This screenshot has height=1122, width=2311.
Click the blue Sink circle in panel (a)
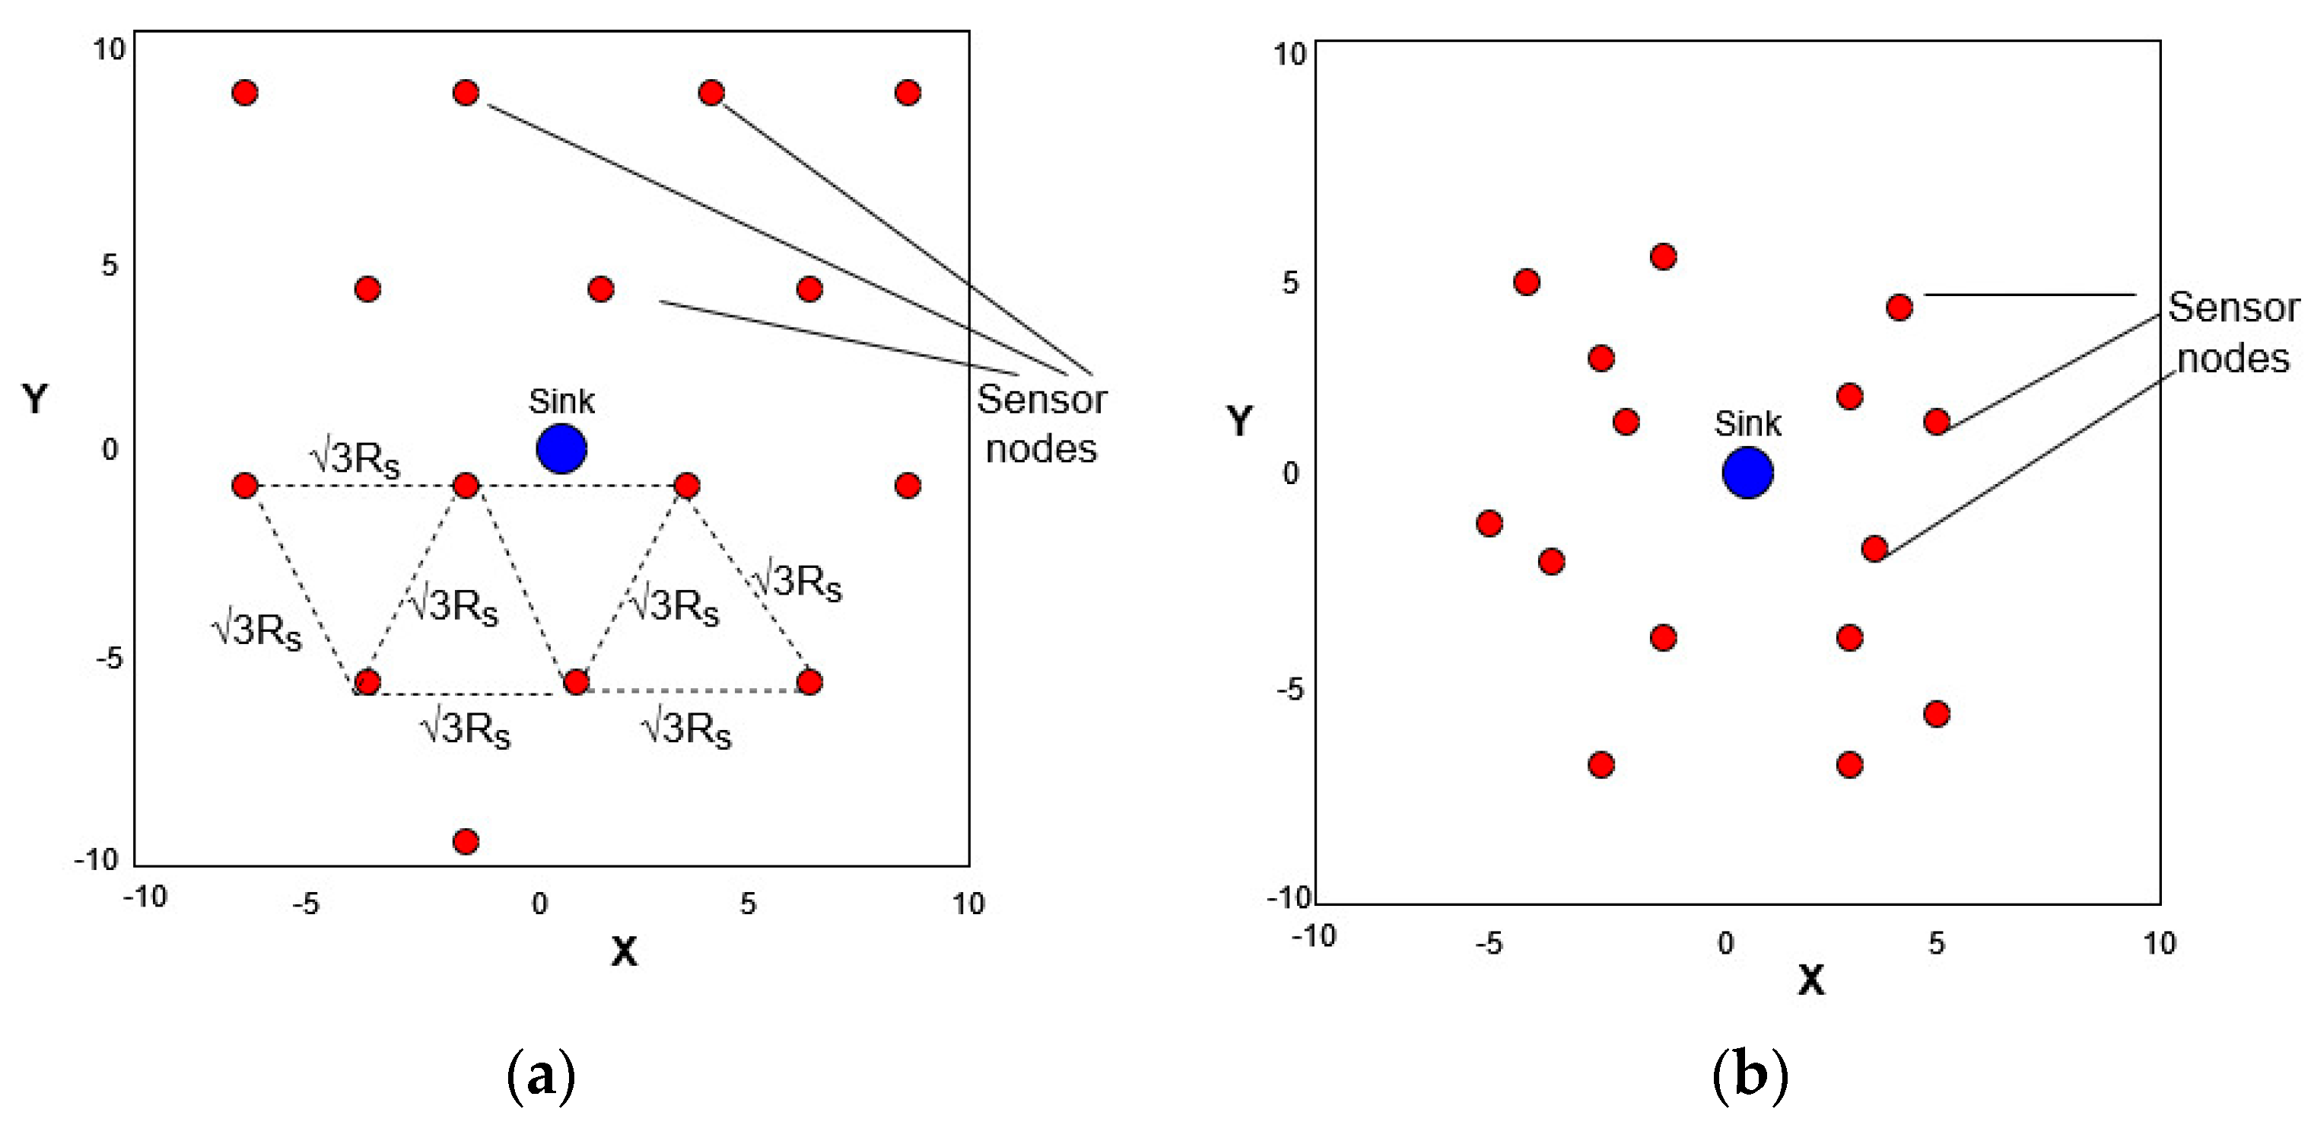(x=561, y=449)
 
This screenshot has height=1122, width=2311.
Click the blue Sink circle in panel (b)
(x=1747, y=473)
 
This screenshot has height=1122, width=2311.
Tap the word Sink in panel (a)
(x=561, y=401)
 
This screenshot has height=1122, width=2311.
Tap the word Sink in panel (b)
(x=1747, y=424)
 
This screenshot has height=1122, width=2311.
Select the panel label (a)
(x=540, y=1075)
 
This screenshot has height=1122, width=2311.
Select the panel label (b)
(x=1750, y=1075)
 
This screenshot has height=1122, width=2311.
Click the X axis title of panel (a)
(x=625, y=951)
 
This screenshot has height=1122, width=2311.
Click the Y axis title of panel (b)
(x=1240, y=421)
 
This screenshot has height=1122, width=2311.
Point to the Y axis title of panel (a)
(x=35, y=399)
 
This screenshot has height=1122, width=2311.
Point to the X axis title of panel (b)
(x=1811, y=980)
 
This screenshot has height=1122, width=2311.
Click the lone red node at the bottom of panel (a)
(x=466, y=841)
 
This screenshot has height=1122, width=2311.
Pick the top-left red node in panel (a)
(x=245, y=92)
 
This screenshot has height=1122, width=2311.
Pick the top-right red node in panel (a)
(x=908, y=92)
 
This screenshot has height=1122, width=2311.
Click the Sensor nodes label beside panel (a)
(x=1041, y=424)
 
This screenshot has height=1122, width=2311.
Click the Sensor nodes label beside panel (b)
(x=2233, y=333)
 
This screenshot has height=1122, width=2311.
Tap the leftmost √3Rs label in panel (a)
(x=256, y=630)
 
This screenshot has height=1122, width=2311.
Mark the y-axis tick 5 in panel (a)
(x=110, y=265)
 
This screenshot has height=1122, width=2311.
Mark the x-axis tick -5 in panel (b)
(x=1489, y=943)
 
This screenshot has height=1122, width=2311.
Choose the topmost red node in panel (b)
(x=1664, y=257)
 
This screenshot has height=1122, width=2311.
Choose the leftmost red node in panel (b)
(x=1489, y=523)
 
